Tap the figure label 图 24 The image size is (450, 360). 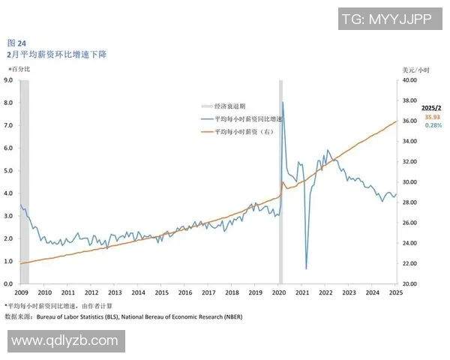click(16, 43)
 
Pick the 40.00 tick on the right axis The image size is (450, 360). click(411, 79)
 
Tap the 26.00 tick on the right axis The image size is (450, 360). click(411, 223)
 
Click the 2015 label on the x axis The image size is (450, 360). click(161, 292)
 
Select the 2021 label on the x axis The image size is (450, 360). click(302, 292)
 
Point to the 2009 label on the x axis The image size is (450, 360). click(21, 292)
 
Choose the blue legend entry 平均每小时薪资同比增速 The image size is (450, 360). click(247, 119)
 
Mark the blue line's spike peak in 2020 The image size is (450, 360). click(283, 102)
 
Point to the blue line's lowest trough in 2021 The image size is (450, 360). click(306, 268)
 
